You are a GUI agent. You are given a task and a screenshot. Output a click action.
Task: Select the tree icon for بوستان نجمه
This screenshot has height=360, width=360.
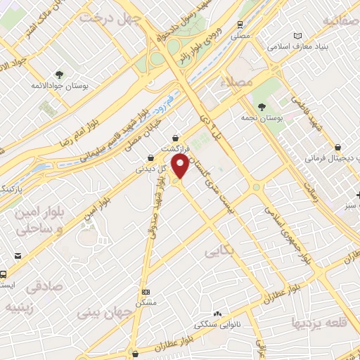click(262, 107)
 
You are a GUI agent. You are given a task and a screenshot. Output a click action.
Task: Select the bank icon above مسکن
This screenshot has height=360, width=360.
click(146, 292)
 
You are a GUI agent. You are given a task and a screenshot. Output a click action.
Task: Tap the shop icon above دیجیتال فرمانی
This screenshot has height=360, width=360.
click(339, 148)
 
